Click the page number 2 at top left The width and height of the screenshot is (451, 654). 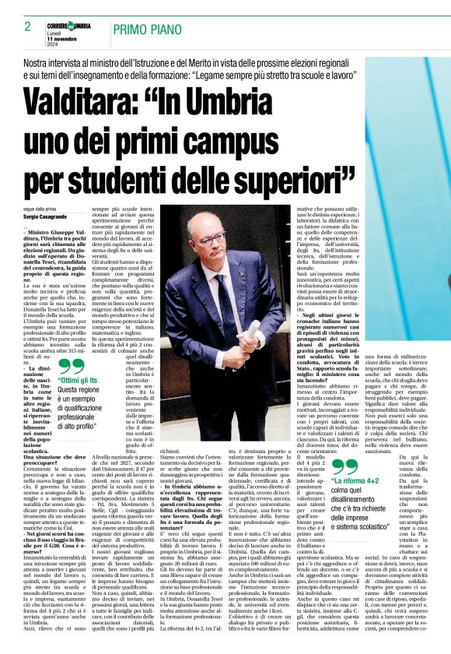coord(28,26)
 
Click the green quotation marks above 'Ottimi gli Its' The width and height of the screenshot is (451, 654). coord(70,364)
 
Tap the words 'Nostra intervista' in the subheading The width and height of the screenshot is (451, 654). coord(52,61)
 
